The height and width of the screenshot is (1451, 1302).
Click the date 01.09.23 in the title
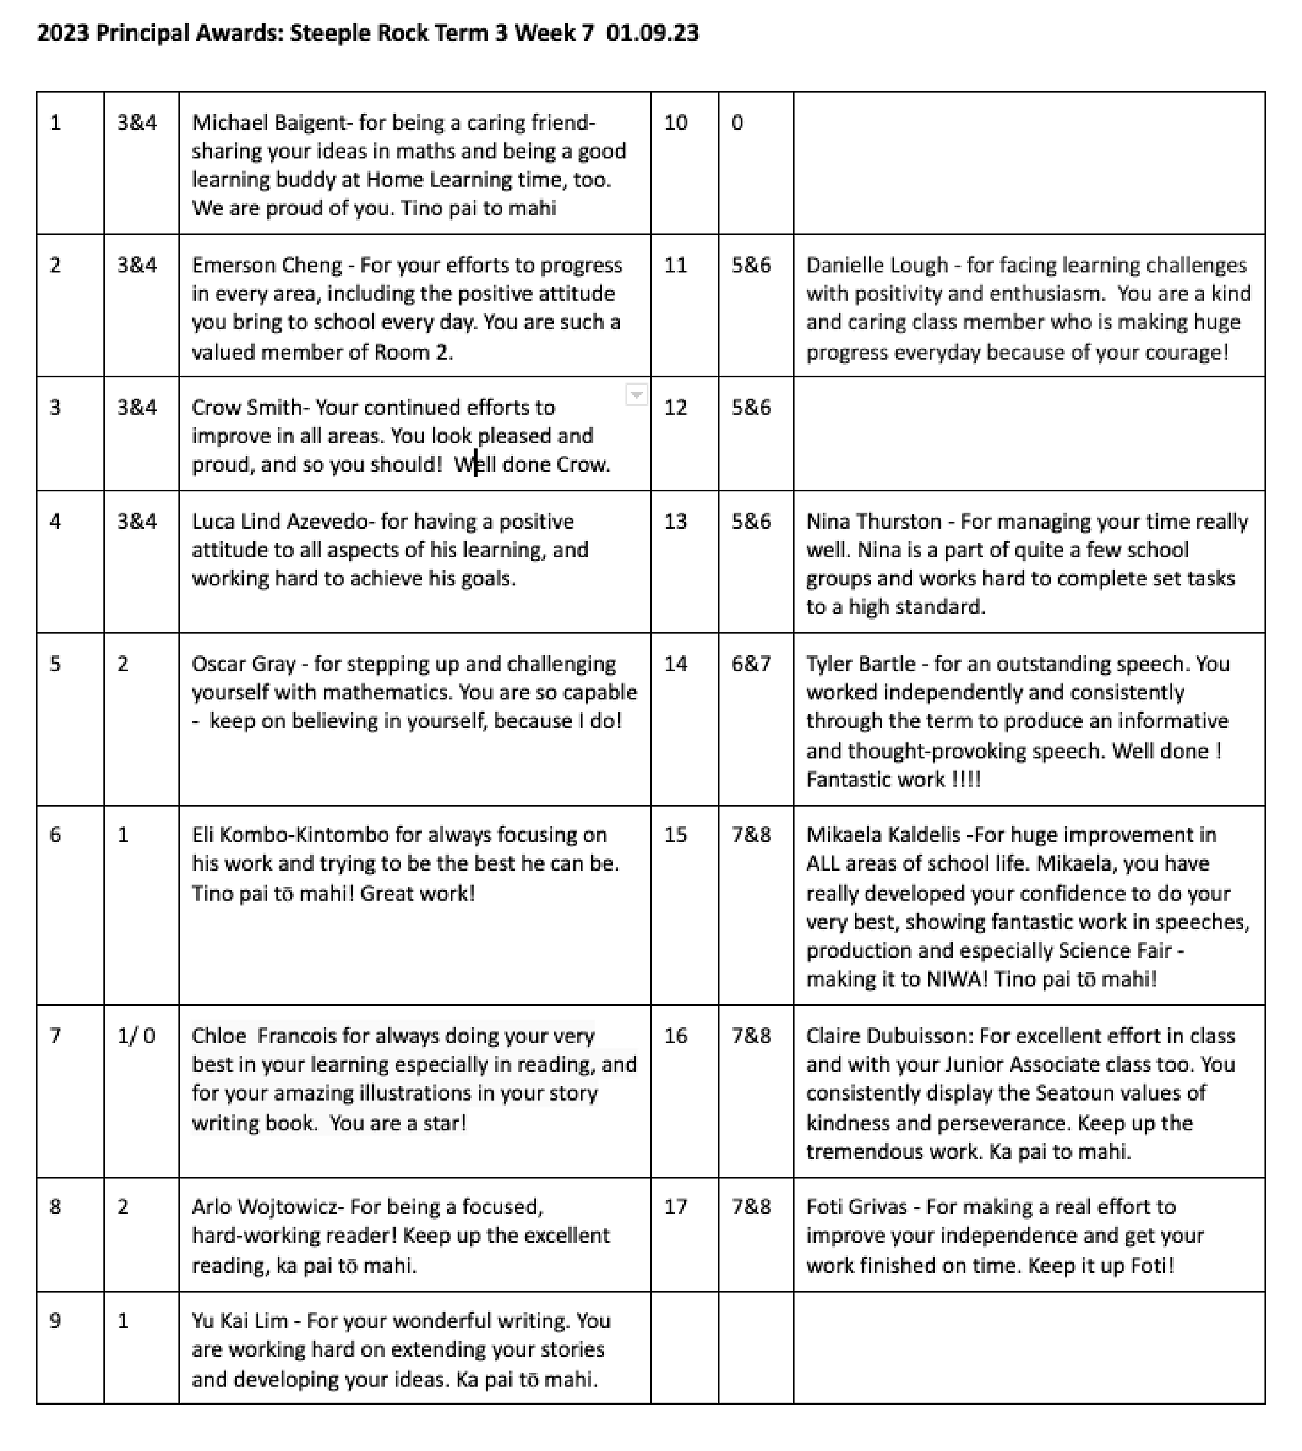[652, 33]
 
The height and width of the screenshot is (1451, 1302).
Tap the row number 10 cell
[676, 123]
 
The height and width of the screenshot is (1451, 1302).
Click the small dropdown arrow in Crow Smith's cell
[636, 395]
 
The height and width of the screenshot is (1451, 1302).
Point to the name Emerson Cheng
[266, 265]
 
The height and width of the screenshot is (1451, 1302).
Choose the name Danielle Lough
[877, 265]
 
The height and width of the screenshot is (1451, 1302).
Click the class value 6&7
[751, 663]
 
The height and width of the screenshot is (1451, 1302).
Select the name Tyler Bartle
[861, 663]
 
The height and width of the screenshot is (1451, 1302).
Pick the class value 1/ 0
[136, 1035]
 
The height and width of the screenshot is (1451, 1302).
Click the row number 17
[676, 1207]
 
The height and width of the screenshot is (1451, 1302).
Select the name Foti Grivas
[856, 1207]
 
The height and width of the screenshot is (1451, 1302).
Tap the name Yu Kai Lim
[239, 1320]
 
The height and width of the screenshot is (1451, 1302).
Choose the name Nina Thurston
[874, 521]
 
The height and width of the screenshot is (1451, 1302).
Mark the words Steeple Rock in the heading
[359, 33]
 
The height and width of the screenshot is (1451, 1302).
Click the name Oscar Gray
[244, 663]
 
